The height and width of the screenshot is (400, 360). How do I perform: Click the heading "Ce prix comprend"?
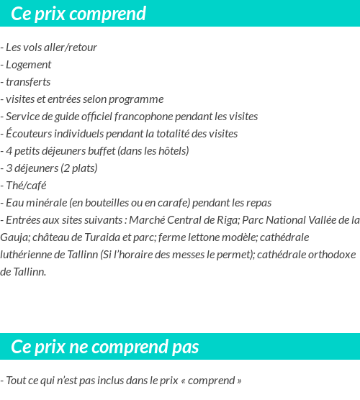pyautogui.click(x=78, y=14)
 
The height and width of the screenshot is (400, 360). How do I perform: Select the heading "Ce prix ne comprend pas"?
pyautogui.click(x=105, y=347)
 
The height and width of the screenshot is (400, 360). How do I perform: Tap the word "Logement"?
pyautogui.click(x=28, y=65)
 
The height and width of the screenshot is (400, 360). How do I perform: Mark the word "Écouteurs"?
pyautogui.click(x=28, y=134)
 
